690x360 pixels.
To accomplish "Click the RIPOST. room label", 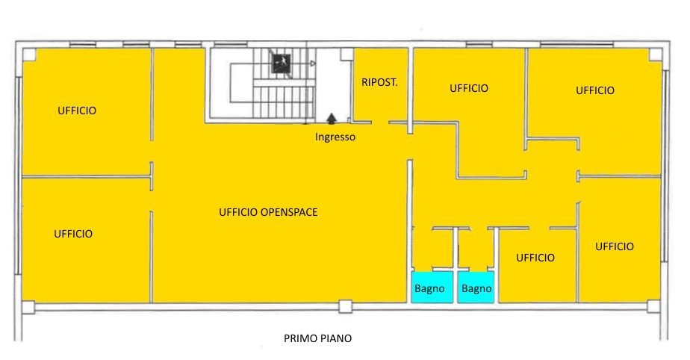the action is click(x=379, y=82).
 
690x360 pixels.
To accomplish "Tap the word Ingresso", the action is click(x=335, y=137).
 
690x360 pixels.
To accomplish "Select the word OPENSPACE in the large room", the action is click(x=289, y=212).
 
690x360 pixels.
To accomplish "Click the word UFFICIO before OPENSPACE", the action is click(x=238, y=212).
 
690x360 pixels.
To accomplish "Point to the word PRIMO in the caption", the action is click(x=298, y=338).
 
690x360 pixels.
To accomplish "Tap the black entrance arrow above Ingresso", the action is click(x=332, y=118).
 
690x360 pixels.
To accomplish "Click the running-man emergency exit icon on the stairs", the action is click(x=282, y=63).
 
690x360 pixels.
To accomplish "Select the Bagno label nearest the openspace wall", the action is click(x=429, y=289).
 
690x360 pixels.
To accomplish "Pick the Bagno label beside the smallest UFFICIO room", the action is click(x=476, y=289).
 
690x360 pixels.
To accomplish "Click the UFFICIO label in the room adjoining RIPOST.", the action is click(x=469, y=88).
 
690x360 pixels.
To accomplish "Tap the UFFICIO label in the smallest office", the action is click(x=535, y=258).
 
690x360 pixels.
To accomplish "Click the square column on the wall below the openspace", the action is click(x=346, y=306).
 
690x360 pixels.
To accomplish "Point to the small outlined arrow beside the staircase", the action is click(x=312, y=63).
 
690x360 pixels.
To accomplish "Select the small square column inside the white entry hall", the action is click(x=346, y=54).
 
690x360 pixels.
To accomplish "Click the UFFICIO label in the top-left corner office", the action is click(x=77, y=111).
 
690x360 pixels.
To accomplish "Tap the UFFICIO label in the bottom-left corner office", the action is click(x=73, y=234).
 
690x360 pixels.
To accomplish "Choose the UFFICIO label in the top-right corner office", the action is click(x=595, y=90).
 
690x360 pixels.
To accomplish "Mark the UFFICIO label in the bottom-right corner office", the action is click(x=615, y=247).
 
